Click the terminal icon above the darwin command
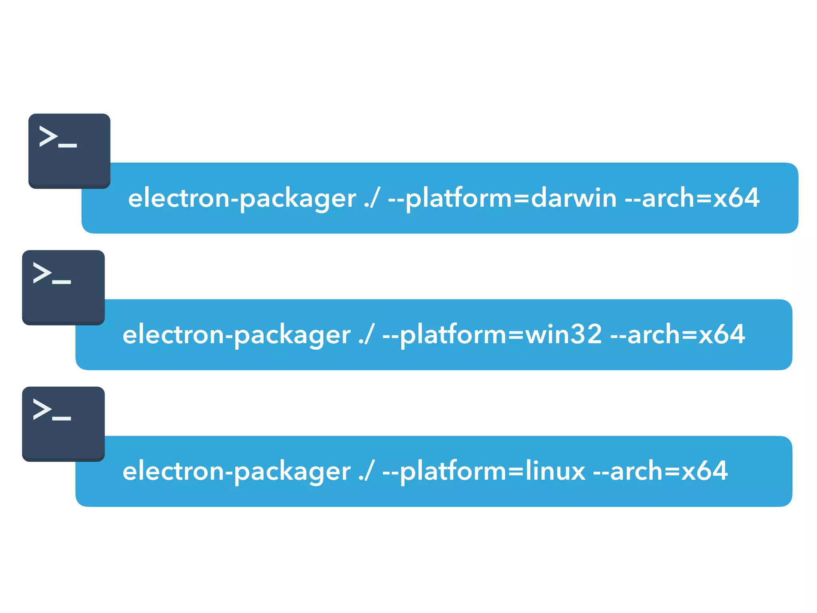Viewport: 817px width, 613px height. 69,151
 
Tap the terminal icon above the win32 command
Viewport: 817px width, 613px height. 63,287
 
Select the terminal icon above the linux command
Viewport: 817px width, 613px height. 63,424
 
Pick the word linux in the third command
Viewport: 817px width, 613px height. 555,471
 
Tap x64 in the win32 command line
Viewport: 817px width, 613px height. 722,334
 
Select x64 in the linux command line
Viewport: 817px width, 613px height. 705,471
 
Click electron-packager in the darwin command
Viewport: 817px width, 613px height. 242,198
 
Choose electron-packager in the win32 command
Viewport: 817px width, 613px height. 236,335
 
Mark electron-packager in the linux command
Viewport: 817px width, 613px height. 236,471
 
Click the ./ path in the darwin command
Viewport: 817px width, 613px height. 371,198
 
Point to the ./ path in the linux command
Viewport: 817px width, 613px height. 366,471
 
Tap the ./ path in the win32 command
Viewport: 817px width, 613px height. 366,335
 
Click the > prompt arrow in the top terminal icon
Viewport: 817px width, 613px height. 48,136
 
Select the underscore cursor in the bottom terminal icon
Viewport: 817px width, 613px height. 61,419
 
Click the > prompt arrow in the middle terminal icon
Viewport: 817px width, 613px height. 42,273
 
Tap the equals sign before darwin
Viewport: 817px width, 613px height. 521,198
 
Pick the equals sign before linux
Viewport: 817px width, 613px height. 515,471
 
